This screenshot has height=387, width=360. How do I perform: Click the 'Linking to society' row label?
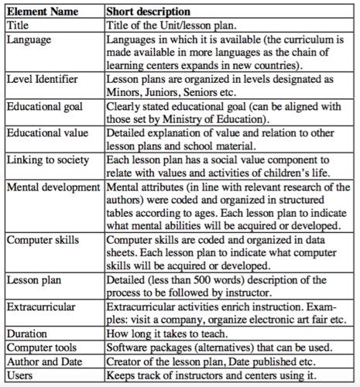pyautogui.click(x=49, y=159)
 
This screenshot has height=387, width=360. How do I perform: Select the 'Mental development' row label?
pyautogui.click(x=53, y=187)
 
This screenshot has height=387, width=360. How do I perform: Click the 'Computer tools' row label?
pyautogui.click(x=43, y=349)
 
